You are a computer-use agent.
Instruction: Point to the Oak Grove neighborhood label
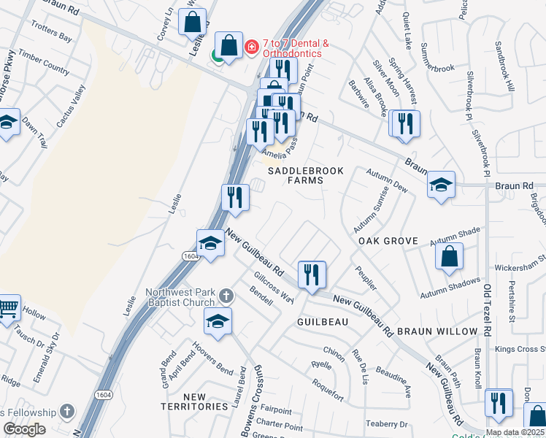click(x=388, y=241)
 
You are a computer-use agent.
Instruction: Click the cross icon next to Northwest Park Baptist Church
click(x=226, y=296)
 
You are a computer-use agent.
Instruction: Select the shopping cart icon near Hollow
click(x=7, y=308)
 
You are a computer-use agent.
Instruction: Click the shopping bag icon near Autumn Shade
click(x=449, y=256)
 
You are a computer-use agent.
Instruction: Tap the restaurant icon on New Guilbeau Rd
click(x=312, y=275)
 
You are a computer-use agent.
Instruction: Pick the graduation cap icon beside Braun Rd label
click(x=441, y=185)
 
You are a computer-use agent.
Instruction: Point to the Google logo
click(x=24, y=429)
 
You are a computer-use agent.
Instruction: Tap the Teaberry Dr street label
click(x=386, y=424)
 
